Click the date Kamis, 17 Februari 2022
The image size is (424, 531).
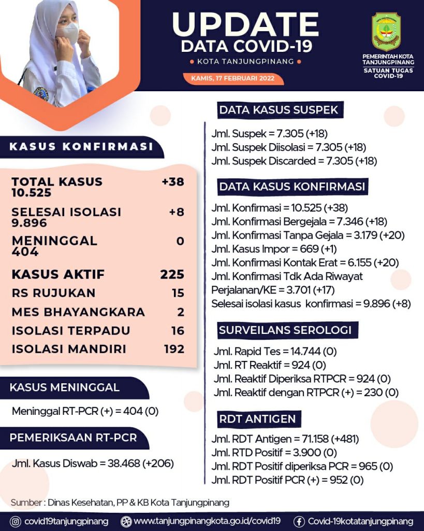pyautogui.click(x=233, y=79)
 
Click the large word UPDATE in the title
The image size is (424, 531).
pyautogui.click(x=245, y=24)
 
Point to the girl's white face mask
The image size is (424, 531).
pyautogui.click(x=69, y=32)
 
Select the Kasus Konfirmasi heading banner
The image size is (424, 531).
pyautogui.click(x=81, y=147)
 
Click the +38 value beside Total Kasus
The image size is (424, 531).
pyautogui.click(x=172, y=181)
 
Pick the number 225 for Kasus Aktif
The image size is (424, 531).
pyautogui.click(x=172, y=274)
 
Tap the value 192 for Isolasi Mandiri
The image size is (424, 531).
pyautogui.click(x=174, y=349)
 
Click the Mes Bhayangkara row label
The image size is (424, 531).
pyautogui.click(x=78, y=312)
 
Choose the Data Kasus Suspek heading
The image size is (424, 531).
pyautogui.click(x=279, y=110)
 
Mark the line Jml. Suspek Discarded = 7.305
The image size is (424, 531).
pyautogui.click(x=294, y=161)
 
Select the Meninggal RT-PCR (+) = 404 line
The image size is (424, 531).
pyautogui.click(x=85, y=412)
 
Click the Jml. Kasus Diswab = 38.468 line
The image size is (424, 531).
pyautogui.click(x=93, y=463)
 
